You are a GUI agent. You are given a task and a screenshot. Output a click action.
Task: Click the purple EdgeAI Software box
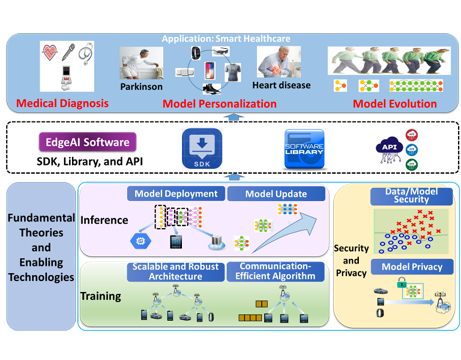click(87, 142)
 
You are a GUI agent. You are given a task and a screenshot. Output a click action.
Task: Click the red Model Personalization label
click(219, 104)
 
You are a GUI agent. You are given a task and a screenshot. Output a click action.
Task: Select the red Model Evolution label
click(395, 104)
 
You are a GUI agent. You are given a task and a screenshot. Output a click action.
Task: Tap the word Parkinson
click(141, 87)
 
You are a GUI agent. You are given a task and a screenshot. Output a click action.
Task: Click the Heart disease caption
click(282, 85)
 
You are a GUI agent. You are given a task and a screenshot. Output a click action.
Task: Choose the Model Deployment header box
click(176, 194)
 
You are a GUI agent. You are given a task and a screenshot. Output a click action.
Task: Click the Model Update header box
click(276, 194)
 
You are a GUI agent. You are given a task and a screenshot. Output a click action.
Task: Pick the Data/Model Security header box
click(412, 195)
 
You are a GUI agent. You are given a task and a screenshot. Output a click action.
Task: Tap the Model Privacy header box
click(412, 266)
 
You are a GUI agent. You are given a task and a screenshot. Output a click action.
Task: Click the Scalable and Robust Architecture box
click(176, 272)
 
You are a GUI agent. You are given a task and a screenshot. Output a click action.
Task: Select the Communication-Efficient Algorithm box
click(277, 272)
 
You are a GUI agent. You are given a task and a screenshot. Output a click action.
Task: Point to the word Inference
click(104, 220)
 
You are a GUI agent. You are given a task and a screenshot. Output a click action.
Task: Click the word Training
click(101, 295)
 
